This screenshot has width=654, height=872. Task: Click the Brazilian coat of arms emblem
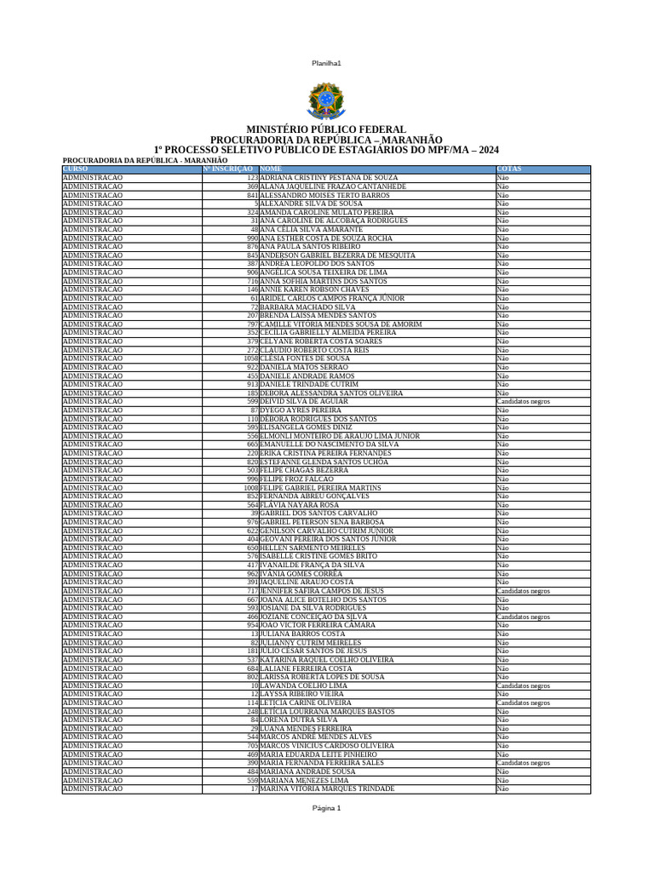[x=326, y=100]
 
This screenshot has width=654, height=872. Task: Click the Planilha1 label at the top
[x=326, y=63]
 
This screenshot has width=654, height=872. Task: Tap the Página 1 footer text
[x=326, y=807]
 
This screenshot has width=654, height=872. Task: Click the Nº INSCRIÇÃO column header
[x=228, y=169]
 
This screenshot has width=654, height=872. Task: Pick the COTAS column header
[x=509, y=169]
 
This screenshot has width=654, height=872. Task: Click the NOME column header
[x=271, y=169]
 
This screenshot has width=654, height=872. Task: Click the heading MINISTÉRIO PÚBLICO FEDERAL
[x=326, y=129]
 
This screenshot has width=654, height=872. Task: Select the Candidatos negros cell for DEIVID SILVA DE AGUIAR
[x=523, y=401]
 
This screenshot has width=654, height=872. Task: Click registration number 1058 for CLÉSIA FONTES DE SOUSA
[x=250, y=359]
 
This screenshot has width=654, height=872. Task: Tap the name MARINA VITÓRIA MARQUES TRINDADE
[x=327, y=789]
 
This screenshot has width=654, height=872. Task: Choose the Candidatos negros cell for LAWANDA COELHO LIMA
[x=523, y=686]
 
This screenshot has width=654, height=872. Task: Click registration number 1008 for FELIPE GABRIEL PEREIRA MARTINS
[x=250, y=488]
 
